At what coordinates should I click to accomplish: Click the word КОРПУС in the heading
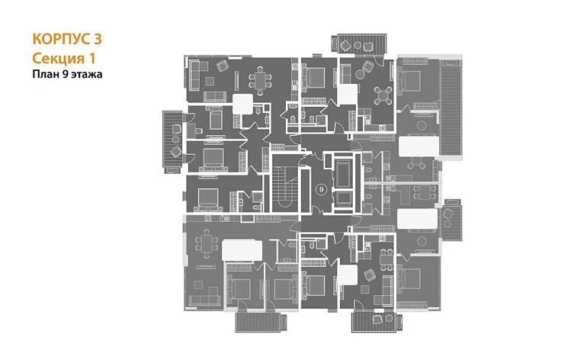pyautogui.click(x=61, y=39)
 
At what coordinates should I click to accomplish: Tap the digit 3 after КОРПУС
pyautogui.click(x=98, y=39)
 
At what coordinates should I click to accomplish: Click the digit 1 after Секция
pyautogui.click(x=91, y=58)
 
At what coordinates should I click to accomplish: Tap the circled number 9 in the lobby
pyautogui.click(x=321, y=189)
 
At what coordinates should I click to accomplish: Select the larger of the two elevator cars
pyautogui.click(x=344, y=174)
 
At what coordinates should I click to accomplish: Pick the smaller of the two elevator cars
pyautogui.click(x=344, y=199)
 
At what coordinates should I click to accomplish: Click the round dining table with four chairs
pyautogui.click(x=383, y=95)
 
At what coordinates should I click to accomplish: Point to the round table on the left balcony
pyautogui.click(x=175, y=139)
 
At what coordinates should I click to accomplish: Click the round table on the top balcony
pyautogui.click(x=357, y=45)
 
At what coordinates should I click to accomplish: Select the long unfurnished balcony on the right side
pyautogui.click(x=450, y=109)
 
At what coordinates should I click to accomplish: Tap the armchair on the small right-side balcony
pyautogui.click(x=449, y=214)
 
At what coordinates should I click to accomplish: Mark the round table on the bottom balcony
pyautogui.click(x=389, y=318)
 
